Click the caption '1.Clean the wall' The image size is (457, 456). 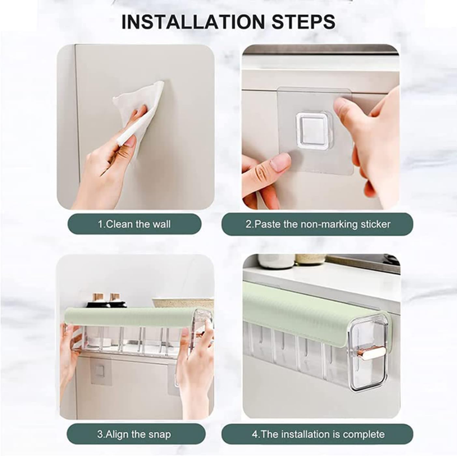pyautogui.click(x=134, y=224)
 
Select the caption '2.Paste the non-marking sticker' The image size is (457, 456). pyautogui.click(x=318, y=224)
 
